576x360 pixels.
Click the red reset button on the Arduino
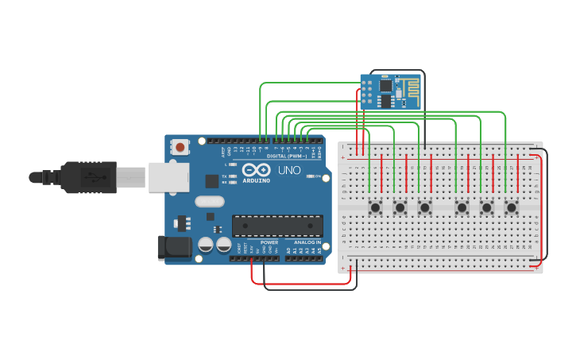click(x=181, y=147)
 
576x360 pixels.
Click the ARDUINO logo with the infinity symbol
click(x=257, y=172)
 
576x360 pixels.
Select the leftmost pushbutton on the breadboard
click(x=376, y=207)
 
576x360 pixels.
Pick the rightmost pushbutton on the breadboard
click(x=512, y=207)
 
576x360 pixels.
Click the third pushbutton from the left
click(x=425, y=207)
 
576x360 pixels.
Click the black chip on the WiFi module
click(x=385, y=85)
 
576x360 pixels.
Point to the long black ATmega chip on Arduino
click(x=277, y=226)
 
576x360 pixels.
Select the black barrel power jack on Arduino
click(x=175, y=248)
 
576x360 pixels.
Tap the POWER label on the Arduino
click(x=269, y=242)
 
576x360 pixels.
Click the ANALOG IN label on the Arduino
click(x=307, y=242)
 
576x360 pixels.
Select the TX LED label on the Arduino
click(x=225, y=176)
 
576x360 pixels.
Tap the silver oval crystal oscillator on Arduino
click(x=210, y=202)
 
